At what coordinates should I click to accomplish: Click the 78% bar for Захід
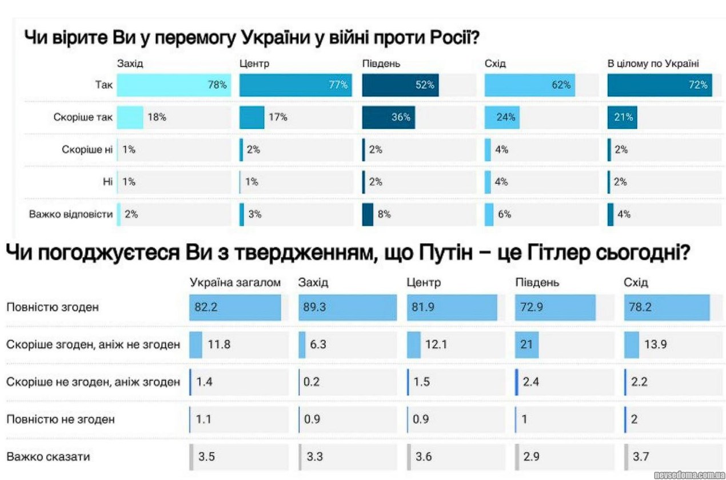(174, 85)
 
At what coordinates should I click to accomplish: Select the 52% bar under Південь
(400, 85)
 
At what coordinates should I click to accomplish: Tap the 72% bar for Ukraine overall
(659, 85)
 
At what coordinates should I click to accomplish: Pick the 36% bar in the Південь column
(389, 117)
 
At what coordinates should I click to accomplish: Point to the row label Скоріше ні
(87, 150)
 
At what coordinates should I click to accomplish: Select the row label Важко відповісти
(71, 215)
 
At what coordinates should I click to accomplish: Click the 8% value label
(384, 215)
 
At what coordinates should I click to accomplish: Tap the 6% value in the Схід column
(504, 215)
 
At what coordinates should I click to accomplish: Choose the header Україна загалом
(236, 283)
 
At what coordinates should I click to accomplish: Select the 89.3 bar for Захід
(348, 307)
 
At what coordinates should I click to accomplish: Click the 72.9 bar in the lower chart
(555, 307)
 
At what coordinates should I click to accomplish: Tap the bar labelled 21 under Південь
(526, 344)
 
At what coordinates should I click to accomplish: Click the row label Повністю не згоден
(61, 419)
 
